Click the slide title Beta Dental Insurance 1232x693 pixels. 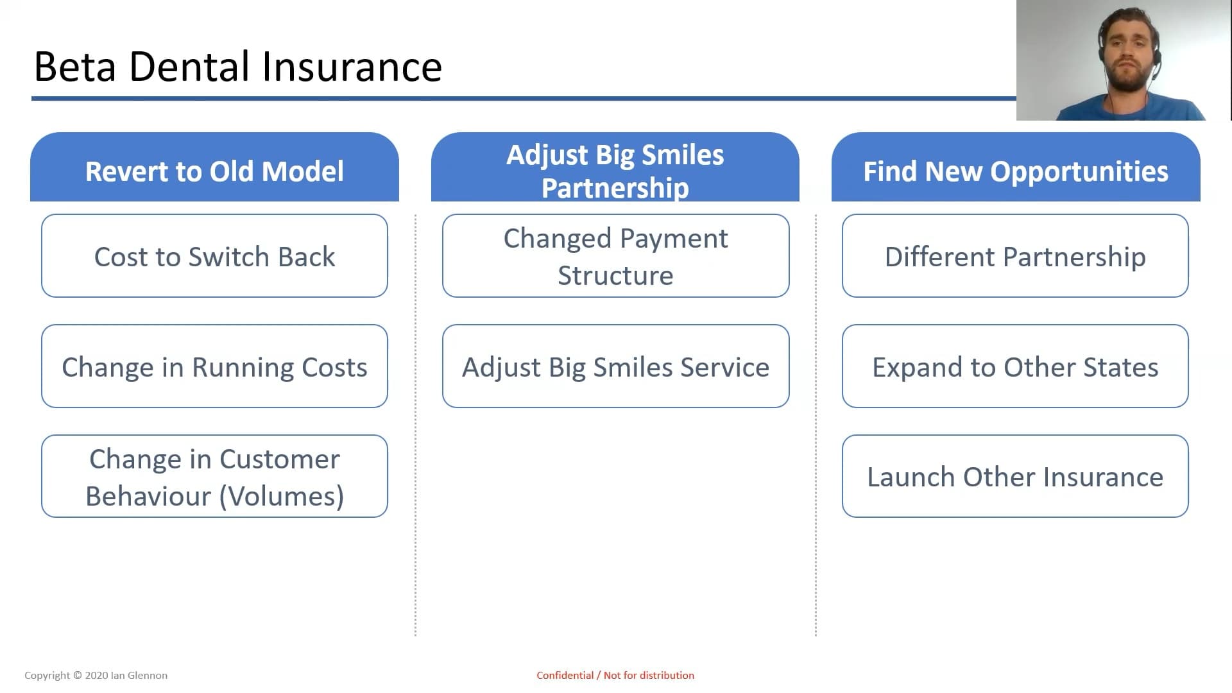237,67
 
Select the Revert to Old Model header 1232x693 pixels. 214,167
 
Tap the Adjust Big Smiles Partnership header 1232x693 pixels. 615,167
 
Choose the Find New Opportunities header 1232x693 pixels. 1016,167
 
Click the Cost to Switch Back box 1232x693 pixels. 214,256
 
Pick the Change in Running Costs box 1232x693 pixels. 214,366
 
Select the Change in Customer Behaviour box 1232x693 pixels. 214,476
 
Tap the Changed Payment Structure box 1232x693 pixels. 615,256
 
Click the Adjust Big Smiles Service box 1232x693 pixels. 615,366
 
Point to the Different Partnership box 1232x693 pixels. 1015,256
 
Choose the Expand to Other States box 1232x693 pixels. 1015,366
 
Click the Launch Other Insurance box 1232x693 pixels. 1015,476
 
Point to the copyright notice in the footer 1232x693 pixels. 96,675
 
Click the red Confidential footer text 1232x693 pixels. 615,675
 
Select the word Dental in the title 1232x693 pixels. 189,67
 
